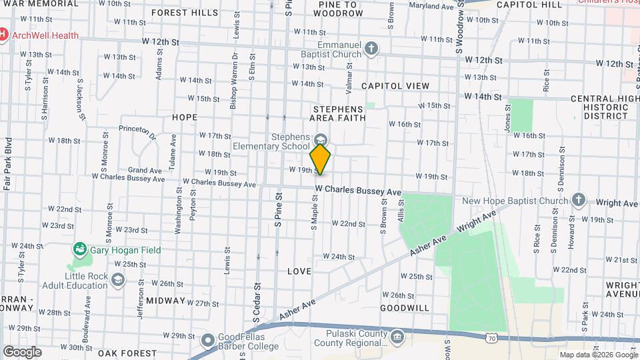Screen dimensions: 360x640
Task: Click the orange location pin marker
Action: (320, 159)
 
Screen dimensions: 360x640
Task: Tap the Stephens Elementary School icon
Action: (321, 140)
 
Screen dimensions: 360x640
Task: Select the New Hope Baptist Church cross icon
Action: (578, 200)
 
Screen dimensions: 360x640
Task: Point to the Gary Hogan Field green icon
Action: (80, 249)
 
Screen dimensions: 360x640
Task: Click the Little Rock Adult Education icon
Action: (118, 279)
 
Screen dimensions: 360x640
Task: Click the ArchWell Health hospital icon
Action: (4, 35)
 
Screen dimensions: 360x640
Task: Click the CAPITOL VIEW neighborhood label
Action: (395, 86)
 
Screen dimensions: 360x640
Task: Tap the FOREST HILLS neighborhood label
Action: (184, 13)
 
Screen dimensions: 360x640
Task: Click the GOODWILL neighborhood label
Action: (405, 308)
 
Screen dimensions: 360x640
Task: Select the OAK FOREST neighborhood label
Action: (122, 353)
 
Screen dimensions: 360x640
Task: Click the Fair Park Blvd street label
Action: (8, 164)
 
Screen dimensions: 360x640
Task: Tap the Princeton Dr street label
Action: (137, 131)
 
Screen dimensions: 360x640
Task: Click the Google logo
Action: (22, 351)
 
